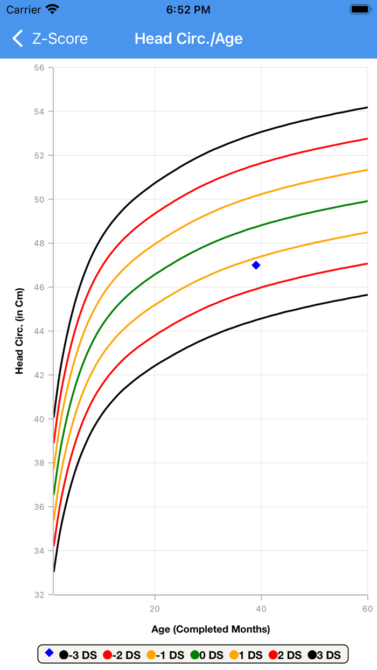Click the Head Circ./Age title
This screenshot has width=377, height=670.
188,39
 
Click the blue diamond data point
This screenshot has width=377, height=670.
256,265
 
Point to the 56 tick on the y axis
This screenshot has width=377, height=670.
40,68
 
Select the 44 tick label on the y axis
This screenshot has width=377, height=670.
40,331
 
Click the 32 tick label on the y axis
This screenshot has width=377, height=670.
40,595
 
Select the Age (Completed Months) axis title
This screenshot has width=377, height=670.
211,629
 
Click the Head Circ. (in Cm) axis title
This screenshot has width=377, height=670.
19,331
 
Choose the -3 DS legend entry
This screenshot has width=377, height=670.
79,655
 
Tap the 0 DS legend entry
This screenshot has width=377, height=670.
207,655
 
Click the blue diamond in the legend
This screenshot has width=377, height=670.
49,653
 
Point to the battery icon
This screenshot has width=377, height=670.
359,10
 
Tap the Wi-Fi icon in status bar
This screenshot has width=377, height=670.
52,10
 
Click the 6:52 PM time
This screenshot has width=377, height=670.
188,10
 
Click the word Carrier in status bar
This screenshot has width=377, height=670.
24,10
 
